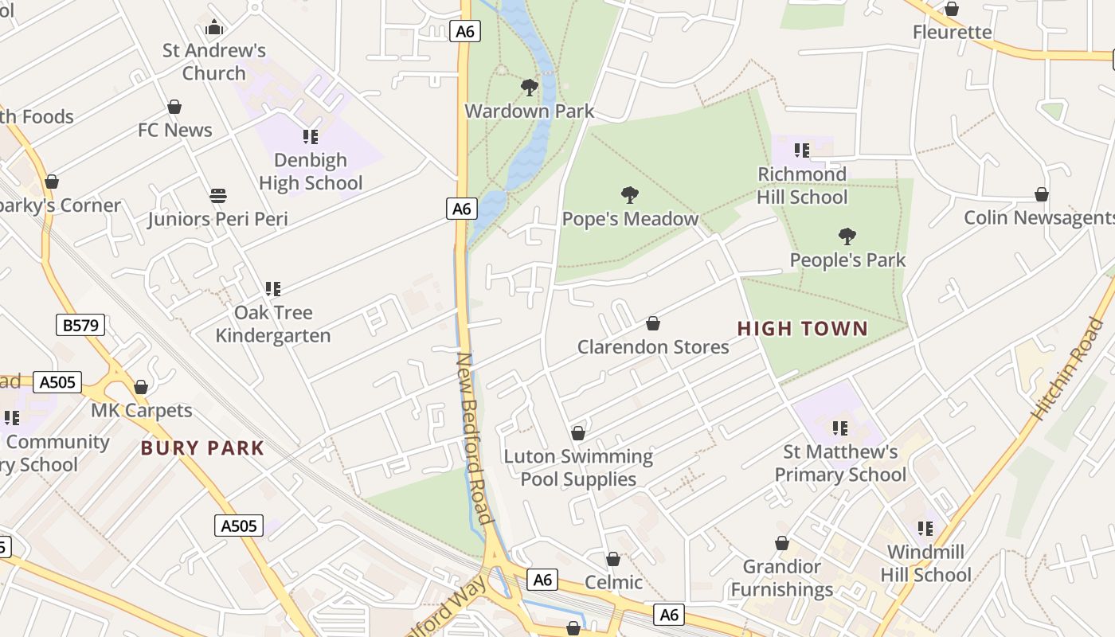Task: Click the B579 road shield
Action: pos(80,325)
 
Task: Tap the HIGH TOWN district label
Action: pos(803,329)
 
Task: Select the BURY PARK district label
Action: pos(202,448)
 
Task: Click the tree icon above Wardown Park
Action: pos(529,88)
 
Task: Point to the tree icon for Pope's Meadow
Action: pos(630,195)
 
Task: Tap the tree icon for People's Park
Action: pos(847,236)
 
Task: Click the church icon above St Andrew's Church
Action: pos(213,28)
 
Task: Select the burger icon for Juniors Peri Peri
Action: pos(217,196)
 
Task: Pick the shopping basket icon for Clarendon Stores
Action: pos(653,323)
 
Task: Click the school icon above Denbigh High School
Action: pos(311,137)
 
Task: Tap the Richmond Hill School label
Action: pos(802,186)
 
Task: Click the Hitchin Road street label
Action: pos(1068,369)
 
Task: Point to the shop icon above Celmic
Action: pos(613,559)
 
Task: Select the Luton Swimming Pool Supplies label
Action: pos(578,467)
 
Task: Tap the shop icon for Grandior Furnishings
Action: pos(782,543)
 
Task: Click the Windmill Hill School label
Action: pos(925,563)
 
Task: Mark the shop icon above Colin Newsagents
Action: pos(1041,194)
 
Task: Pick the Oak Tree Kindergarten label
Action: pos(273,324)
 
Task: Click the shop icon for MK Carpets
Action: pos(141,387)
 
